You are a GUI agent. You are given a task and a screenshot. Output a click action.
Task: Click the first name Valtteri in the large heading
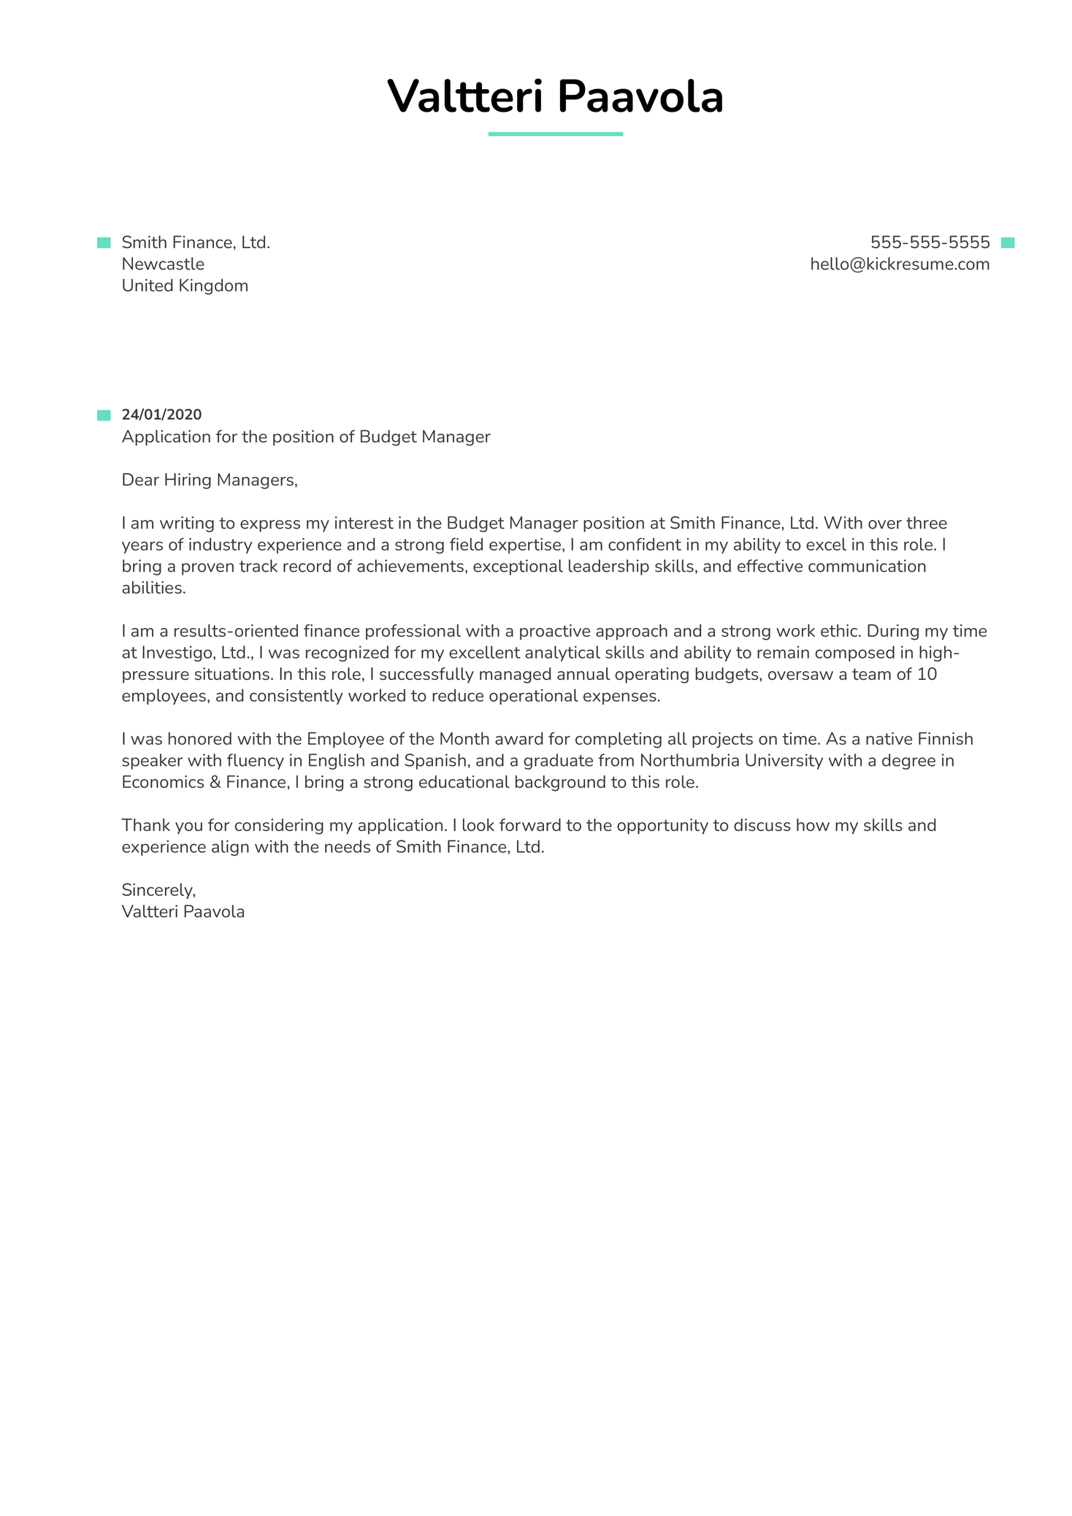tap(465, 97)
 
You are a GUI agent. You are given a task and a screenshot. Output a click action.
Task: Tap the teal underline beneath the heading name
tap(555, 134)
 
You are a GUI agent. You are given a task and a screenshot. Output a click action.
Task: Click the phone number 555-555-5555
tap(930, 242)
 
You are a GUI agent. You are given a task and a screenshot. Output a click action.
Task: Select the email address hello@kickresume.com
tap(900, 264)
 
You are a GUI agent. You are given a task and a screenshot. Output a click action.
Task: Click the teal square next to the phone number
tap(1007, 243)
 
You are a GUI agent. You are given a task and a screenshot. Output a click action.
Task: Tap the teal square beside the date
tap(104, 416)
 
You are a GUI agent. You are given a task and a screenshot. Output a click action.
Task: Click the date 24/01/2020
tap(161, 415)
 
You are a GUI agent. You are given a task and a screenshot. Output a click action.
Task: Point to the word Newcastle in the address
tap(163, 264)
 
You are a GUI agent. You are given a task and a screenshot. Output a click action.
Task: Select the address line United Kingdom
tap(185, 286)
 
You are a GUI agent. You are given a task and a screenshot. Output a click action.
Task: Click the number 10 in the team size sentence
tap(926, 674)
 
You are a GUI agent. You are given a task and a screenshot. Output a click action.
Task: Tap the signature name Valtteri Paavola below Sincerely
tap(183, 912)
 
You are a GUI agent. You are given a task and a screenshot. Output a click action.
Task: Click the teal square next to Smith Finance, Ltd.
tap(104, 243)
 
